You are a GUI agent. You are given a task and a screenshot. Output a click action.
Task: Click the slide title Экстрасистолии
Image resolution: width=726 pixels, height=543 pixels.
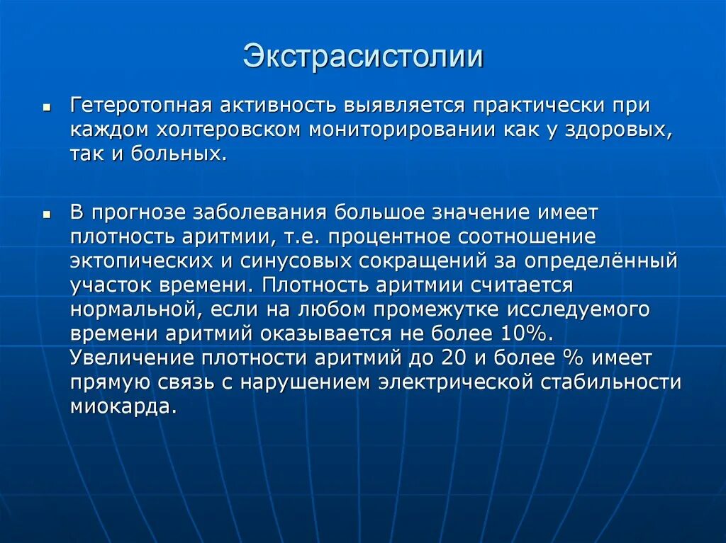363,57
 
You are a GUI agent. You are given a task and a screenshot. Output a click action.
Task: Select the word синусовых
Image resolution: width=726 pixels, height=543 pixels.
294,261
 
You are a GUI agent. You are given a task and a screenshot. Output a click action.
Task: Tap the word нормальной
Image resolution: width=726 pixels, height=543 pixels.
133,309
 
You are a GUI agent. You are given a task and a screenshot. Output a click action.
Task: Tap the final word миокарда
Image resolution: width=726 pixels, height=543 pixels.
122,406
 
